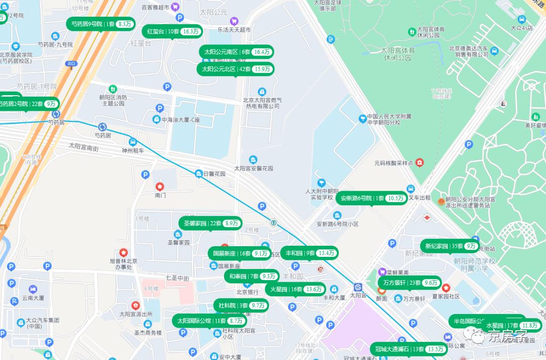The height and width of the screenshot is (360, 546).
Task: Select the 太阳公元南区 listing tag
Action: (236, 52)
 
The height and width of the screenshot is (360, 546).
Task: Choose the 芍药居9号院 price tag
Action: (100, 24)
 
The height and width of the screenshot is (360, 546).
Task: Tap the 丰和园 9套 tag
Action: (309, 253)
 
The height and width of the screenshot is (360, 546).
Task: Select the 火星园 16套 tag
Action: (295, 289)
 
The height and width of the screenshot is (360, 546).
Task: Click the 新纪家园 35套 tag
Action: (450, 246)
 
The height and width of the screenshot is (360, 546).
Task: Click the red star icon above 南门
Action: (161, 187)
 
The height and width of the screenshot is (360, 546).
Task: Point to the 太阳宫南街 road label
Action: (84, 147)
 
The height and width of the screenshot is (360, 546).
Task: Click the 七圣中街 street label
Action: (177, 278)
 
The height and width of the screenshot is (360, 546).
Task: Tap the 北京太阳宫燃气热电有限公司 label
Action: (261, 103)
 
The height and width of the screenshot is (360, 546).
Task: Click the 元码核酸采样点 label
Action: (394, 163)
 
